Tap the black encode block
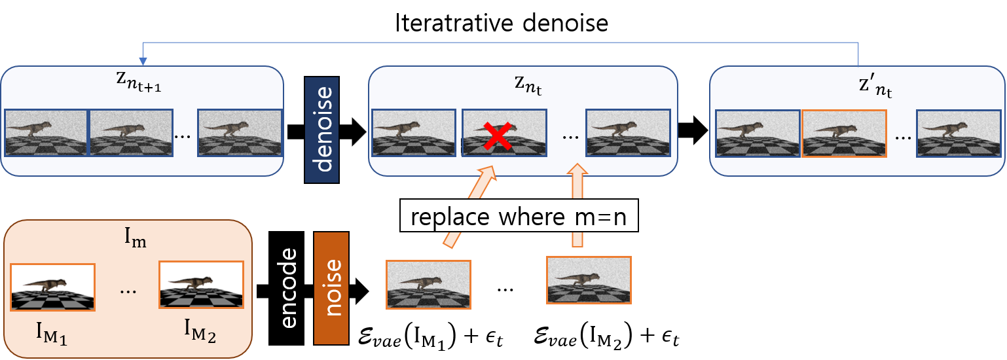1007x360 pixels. point(286,287)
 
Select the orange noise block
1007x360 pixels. point(332,287)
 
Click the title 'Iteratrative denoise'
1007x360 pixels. point(502,24)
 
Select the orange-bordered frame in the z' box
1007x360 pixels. point(844,134)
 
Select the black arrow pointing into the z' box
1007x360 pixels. point(693,131)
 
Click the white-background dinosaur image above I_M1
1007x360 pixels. point(53,286)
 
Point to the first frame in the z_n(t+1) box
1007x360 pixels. point(46,133)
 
